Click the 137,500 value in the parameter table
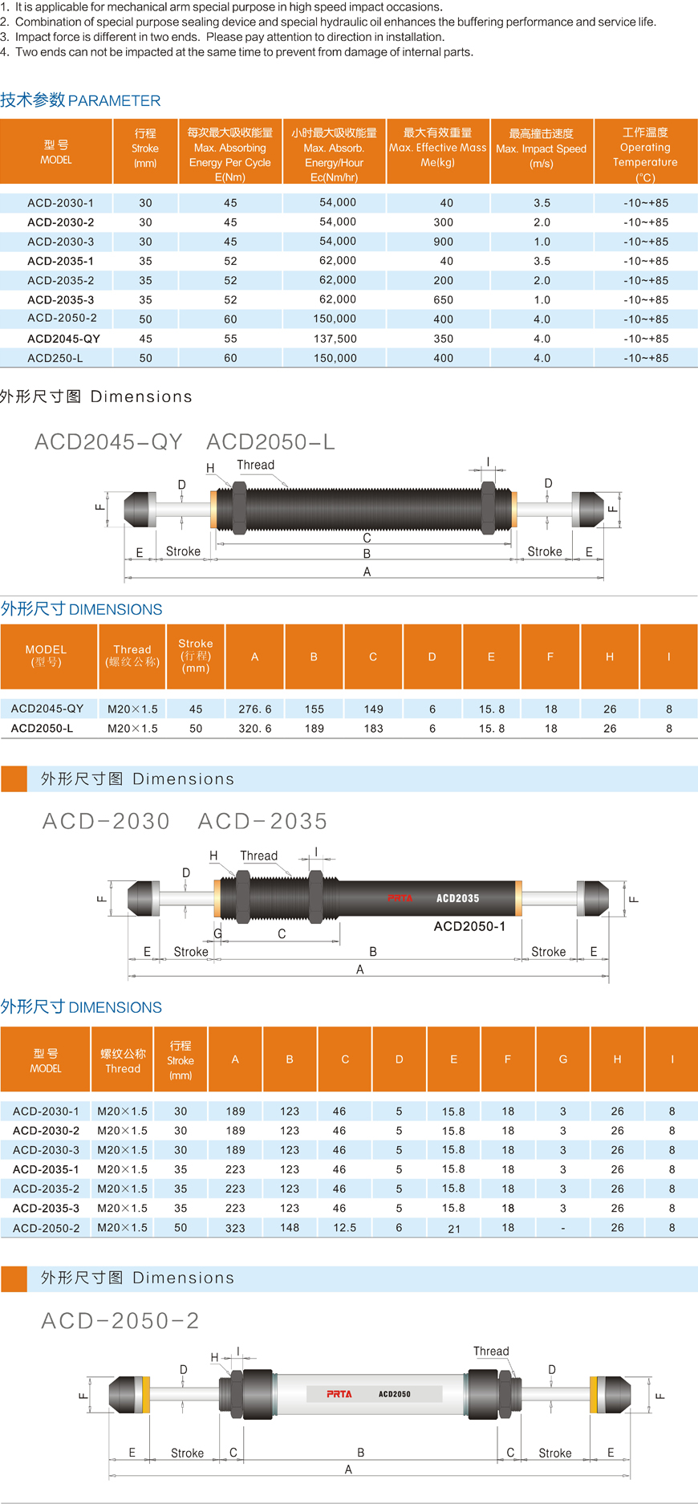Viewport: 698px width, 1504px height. click(335, 339)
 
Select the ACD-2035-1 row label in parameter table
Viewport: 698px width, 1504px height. click(60, 261)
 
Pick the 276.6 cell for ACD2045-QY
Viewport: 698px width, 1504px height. click(255, 709)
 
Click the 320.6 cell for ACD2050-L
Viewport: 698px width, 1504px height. click(255, 729)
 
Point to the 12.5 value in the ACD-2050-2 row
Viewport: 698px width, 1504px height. click(345, 1227)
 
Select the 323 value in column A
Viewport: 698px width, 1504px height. click(235, 1228)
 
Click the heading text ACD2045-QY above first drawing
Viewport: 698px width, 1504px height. click(108, 442)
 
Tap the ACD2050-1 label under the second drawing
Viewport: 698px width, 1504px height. click(469, 926)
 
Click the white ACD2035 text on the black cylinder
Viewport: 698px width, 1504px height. click(457, 898)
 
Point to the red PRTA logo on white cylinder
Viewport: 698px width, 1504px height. click(339, 1394)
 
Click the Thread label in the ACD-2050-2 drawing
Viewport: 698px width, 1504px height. click(491, 1352)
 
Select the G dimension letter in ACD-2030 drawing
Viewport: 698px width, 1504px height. click(217, 933)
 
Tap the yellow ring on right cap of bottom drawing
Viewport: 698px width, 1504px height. click(593, 1395)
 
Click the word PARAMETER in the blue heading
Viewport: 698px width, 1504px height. click(115, 101)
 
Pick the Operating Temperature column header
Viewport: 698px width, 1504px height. click(645, 154)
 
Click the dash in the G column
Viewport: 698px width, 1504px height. click(563, 1228)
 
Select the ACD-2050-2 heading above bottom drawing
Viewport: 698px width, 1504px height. click(120, 1321)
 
